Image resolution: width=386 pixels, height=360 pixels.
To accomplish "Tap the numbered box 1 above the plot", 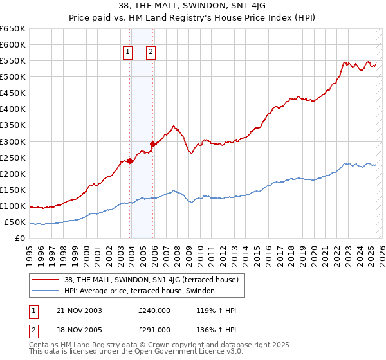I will (x=127, y=52).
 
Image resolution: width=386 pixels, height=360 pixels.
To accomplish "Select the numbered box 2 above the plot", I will (x=151, y=52).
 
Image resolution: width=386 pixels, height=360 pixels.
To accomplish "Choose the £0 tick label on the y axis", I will (x=20, y=238).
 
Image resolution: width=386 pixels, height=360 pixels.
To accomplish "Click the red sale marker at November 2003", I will (x=130, y=161).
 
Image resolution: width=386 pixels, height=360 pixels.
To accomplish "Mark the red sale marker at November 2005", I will (x=152, y=144).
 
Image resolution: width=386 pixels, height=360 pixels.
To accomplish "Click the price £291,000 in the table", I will (x=154, y=330).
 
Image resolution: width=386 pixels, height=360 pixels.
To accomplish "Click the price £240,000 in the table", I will (x=154, y=310).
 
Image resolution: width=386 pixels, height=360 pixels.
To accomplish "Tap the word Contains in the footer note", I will (x=44, y=346).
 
